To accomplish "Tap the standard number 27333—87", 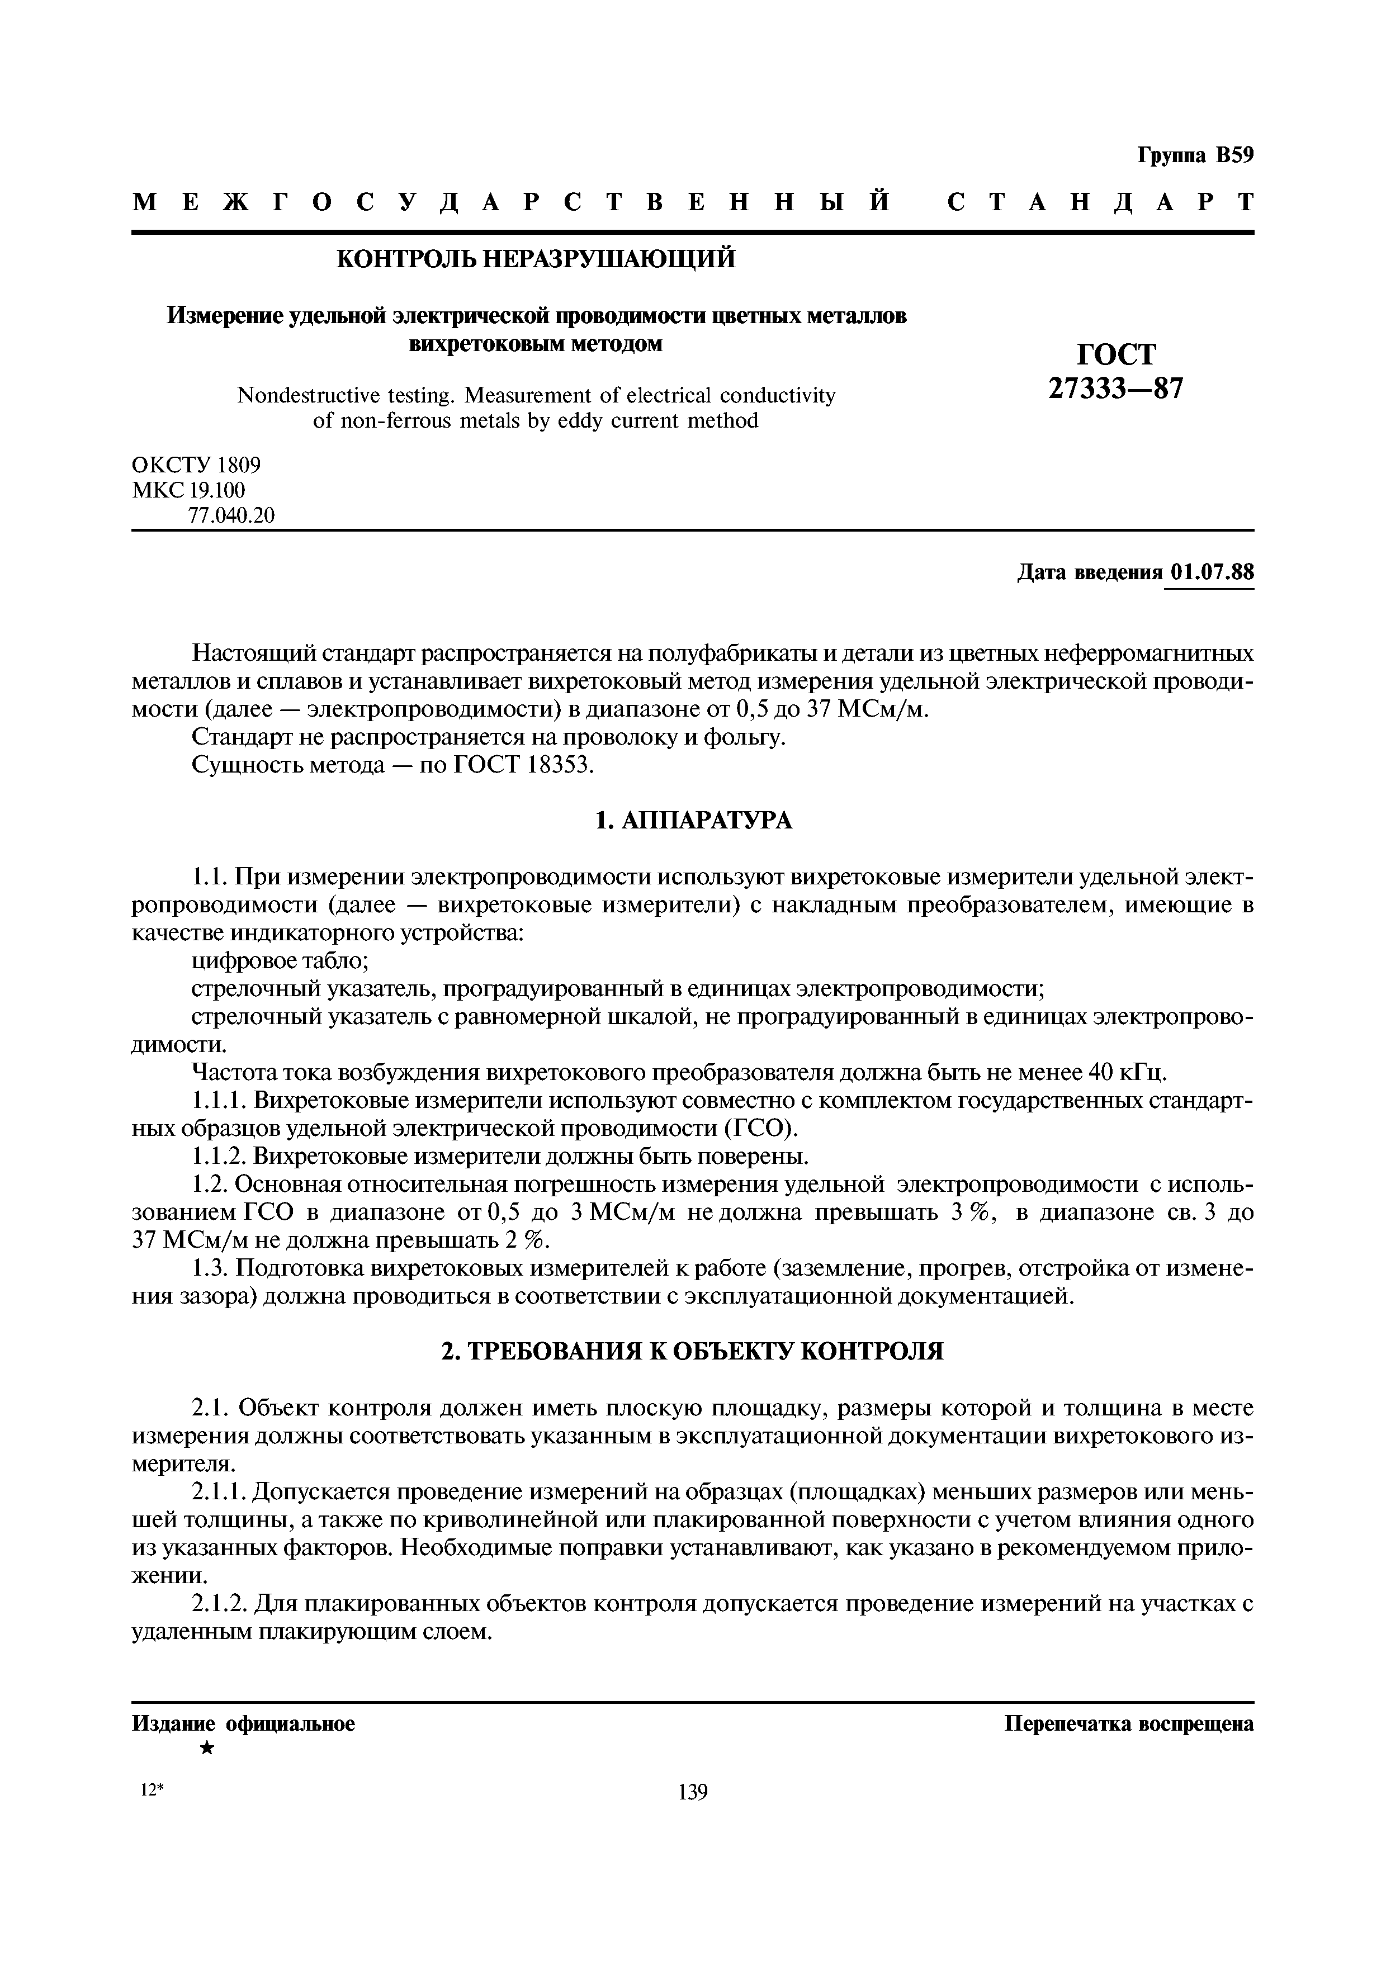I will click(1115, 390).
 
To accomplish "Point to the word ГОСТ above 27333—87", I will click(1116, 354).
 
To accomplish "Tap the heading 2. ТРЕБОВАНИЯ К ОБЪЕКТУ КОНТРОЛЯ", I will click(693, 1351).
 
